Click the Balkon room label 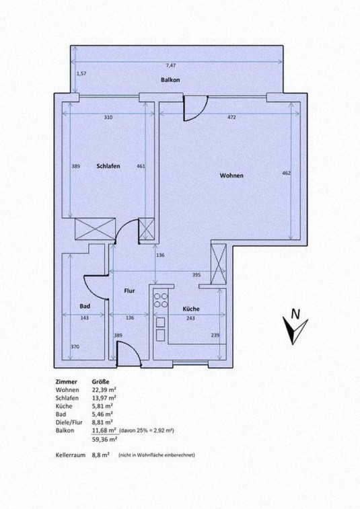click(x=170, y=80)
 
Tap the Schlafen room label click(x=108, y=166)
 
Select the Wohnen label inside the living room click(x=231, y=175)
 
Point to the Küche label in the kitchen click(x=190, y=309)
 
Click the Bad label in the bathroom click(x=85, y=306)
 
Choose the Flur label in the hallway click(x=129, y=291)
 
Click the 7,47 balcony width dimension click(x=171, y=65)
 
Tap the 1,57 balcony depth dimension click(x=81, y=74)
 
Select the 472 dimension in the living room click(x=231, y=117)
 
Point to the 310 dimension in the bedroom click(x=108, y=117)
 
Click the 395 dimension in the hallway click(x=196, y=275)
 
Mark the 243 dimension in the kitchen click(x=190, y=318)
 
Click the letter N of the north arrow click(x=295, y=314)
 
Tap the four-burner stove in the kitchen click(x=161, y=301)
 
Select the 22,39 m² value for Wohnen click(x=104, y=390)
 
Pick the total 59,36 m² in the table click(x=104, y=439)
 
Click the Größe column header click(x=100, y=382)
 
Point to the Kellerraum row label click(x=71, y=455)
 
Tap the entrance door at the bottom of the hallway click(x=129, y=355)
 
